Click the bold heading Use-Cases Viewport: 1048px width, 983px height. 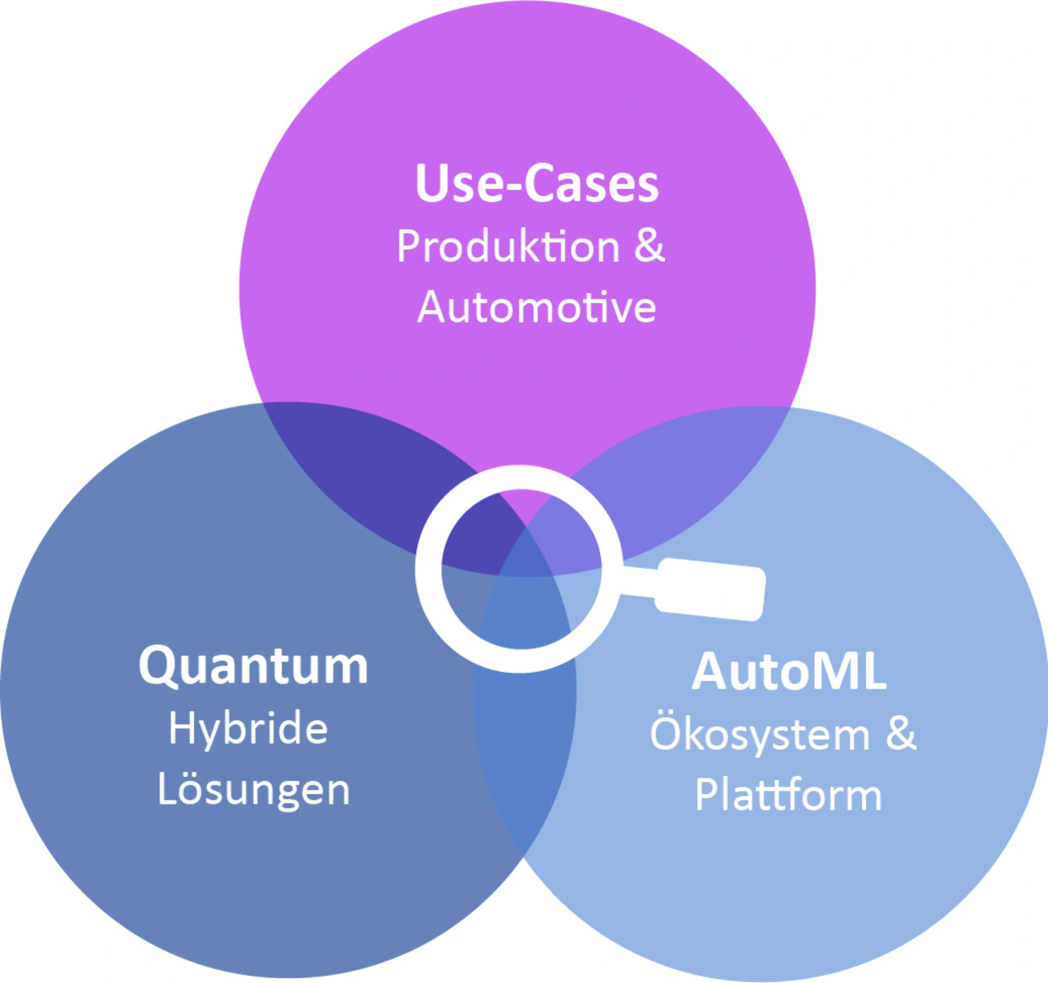pyautogui.click(x=537, y=183)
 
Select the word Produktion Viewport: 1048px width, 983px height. pyautogui.click(x=508, y=246)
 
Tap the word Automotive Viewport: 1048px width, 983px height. pyautogui.click(x=536, y=307)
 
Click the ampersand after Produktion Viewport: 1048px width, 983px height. pyautogui.click(x=649, y=246)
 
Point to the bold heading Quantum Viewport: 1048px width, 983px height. pyautogui.click(x=253, y=666)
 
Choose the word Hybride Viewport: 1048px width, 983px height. pyautogui.click(x=248, y=731)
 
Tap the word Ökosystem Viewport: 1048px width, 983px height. pyautogui.click(x=759, y=733)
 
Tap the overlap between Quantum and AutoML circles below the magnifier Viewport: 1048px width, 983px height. pyautogui.click(x=525, y=739)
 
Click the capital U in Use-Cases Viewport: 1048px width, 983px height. pyautogui.click(x=429, y=183)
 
